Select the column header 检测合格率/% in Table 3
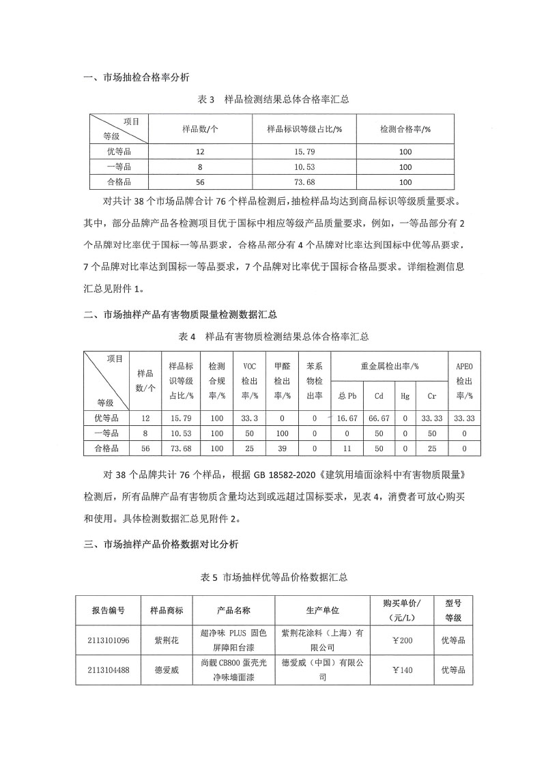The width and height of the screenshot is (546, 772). click(x=405, y=128)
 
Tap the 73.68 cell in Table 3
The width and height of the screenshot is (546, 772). click(x=304, y=182)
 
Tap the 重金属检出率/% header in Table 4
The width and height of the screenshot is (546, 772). click(x=389, y=366)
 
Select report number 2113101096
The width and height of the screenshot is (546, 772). click(x=107, y=640)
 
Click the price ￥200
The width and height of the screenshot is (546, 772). click(x=401, y=640)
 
